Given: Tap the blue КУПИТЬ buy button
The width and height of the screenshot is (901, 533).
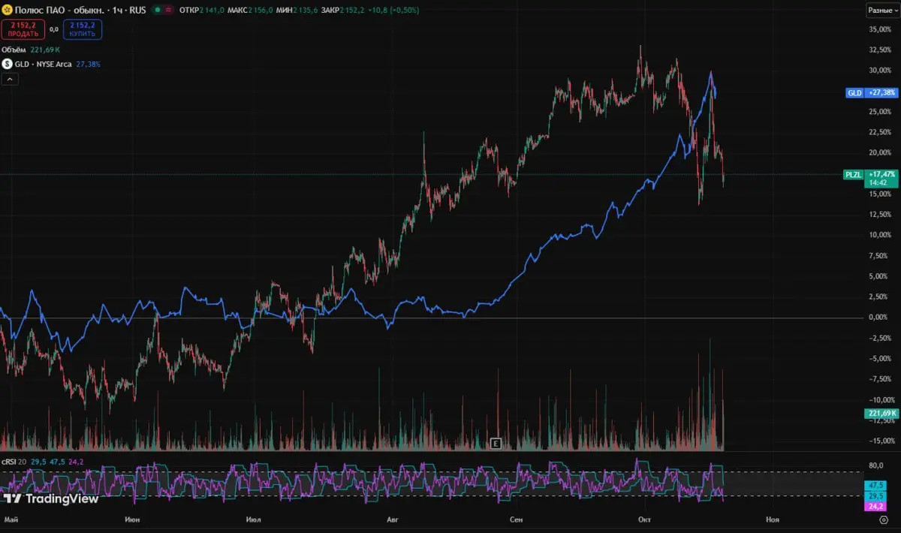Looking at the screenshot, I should (x=83, y=29).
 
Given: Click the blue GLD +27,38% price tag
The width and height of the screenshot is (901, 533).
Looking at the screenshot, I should (x=871, y=92).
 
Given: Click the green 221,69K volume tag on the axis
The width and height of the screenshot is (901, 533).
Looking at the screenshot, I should (x=881, y=414).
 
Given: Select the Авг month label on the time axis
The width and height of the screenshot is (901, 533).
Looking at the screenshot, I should (x=392, y=519).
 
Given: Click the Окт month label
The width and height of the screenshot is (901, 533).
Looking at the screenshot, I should (x=644, y=519).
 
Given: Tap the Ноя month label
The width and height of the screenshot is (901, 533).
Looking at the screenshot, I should (x=772, y=519).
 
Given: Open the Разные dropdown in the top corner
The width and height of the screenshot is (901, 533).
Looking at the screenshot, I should (x=883, y=11).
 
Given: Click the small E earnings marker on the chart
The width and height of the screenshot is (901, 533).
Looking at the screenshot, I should (x=495, y=443).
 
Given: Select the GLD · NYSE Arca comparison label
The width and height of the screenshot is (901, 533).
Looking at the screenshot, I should (x=43, y=65).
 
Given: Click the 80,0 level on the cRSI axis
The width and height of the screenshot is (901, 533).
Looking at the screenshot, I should (x=875, y=465).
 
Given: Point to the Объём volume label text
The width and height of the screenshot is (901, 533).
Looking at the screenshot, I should (x=14, y=50).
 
